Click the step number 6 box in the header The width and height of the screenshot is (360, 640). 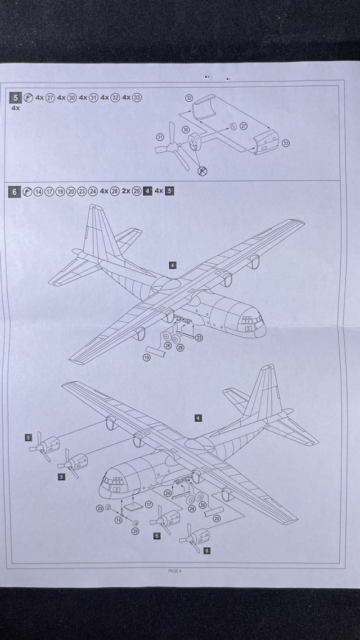tap(16, 192)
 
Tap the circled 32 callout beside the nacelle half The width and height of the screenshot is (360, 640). tap(190, 98)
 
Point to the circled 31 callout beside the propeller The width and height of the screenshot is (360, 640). tap(159, 137)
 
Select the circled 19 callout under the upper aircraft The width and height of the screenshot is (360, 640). tap(147, 358)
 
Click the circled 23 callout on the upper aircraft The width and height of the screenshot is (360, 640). tap(199, 337)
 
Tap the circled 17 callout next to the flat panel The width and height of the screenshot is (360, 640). tap(149, 504)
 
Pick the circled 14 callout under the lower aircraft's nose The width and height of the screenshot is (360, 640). tap(119, 520)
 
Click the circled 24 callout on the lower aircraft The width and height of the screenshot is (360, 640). tap(167, 493)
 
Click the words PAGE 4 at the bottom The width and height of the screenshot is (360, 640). tap(174, 570)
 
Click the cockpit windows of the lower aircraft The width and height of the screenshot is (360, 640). tap(112, 482)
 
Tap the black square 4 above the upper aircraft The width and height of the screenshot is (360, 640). tap(173, 264)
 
